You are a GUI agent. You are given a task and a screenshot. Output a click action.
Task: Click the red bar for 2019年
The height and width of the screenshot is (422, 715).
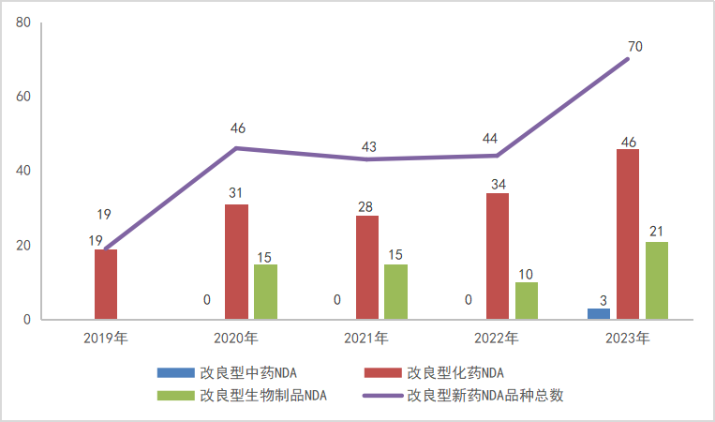coord(106,284)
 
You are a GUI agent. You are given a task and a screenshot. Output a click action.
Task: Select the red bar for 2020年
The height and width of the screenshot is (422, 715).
coord(236,262)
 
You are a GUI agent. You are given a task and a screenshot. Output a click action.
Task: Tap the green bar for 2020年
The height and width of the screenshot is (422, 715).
coord(265,292)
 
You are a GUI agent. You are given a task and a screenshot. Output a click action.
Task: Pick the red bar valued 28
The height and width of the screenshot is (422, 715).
coord(367,267)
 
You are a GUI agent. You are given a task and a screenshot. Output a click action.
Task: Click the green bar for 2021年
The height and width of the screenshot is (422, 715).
coord(396,292)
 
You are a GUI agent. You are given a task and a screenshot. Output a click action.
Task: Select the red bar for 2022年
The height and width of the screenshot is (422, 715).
coord(498,256)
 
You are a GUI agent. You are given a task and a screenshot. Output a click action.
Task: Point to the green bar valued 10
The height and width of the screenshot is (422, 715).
coord(527,301)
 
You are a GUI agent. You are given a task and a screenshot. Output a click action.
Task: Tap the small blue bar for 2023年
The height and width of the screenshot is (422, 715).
coord(599,314)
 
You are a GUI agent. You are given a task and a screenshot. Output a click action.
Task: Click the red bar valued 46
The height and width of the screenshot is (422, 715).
coord(628,234)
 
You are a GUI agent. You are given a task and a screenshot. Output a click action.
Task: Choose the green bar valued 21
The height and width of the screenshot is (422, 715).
coord(657,280)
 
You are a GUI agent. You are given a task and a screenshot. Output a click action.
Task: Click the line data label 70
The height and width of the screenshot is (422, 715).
coord(635,46)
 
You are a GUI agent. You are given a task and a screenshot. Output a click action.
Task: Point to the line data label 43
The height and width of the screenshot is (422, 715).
coord(368,146)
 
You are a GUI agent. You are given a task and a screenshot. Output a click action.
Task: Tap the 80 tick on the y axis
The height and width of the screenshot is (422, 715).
coord(23,23)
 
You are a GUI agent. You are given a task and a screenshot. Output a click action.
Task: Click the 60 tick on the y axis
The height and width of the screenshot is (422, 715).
coord(23,97)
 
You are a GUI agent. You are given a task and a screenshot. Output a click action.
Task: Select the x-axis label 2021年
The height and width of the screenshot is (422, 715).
coord(366,338)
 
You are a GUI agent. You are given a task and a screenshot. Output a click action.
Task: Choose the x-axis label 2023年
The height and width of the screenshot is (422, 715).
coord(628,338)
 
